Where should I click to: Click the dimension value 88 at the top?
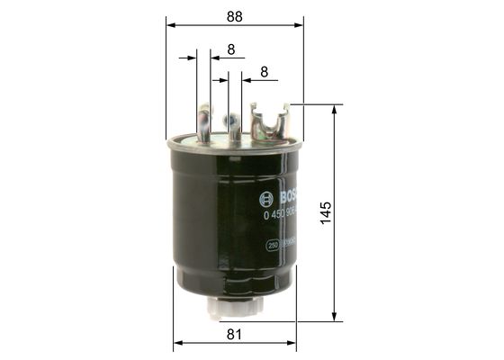pos(234,15)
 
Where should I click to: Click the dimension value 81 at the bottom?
pos(235,334)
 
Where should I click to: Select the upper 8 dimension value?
pos(231,49)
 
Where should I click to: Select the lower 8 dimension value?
pos(264,71)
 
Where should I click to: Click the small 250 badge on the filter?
pos(273,244)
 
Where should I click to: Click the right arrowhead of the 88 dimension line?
pos(298,27)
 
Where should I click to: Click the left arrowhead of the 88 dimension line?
pos(171,27)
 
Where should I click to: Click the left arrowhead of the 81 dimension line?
pos(177,344)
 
